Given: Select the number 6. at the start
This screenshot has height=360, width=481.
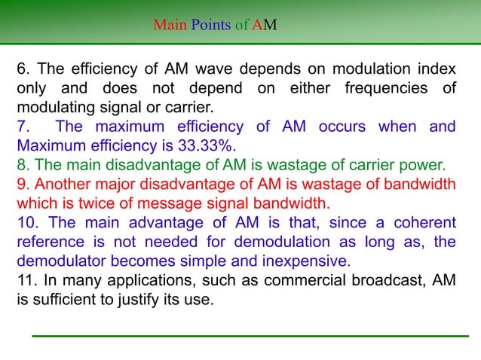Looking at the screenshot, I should tap(24, 70).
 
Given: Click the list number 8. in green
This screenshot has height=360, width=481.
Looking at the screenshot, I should tap(23, 163).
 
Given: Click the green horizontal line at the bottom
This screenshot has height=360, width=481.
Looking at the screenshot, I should tap(250, 334).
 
